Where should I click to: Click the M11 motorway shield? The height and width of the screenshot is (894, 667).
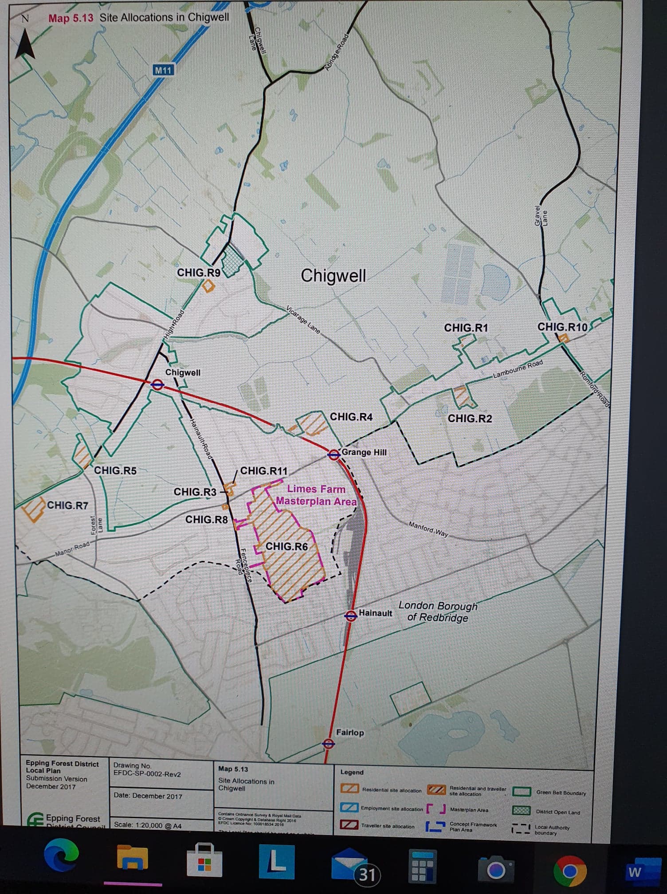coord(163,70)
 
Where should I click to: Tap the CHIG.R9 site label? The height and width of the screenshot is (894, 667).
coord(199,272)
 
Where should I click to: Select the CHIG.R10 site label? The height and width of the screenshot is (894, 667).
coord(562,327)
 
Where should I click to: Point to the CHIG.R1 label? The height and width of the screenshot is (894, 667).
coord(466,328)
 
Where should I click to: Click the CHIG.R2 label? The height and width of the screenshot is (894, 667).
coord(470,418)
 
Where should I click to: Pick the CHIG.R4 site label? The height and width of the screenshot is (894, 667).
coord(351,417)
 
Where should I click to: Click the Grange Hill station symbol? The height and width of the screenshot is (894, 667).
coord(333,454)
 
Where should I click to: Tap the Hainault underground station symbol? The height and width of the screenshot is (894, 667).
coord(351,615)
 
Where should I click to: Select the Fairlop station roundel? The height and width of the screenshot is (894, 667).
coord(328,743)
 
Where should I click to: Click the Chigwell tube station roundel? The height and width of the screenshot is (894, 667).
coord(157,384)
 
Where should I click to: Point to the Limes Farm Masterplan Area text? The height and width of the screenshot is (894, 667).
coord(316,495)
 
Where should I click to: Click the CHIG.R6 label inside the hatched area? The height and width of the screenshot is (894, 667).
coord(286,546)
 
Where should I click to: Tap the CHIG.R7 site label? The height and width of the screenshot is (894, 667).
coord(67,505)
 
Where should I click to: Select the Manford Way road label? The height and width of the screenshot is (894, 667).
coord(428,529)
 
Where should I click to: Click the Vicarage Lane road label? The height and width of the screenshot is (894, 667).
coord(303,319)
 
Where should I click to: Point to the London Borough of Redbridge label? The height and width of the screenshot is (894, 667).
coord(438,611)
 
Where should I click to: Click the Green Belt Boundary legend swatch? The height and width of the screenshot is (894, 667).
coord(522,792)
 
